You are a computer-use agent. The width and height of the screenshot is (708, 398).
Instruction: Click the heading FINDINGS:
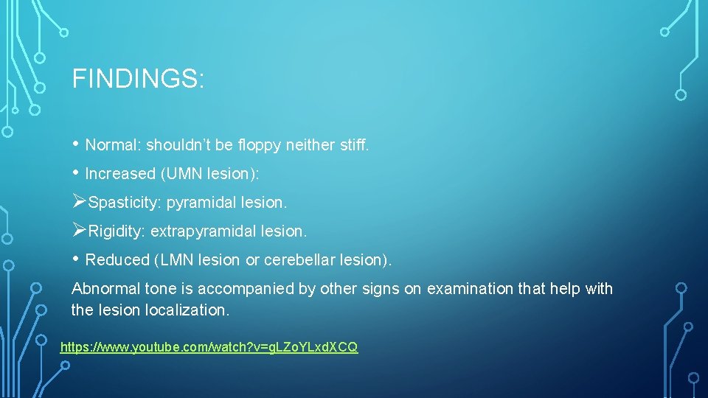(138, 79)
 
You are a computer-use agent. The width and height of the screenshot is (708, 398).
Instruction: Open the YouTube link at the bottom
(209, 347)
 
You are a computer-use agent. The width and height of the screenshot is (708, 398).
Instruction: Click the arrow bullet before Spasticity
(79, 201)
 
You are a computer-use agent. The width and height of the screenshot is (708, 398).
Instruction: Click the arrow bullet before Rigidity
(79, 231)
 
